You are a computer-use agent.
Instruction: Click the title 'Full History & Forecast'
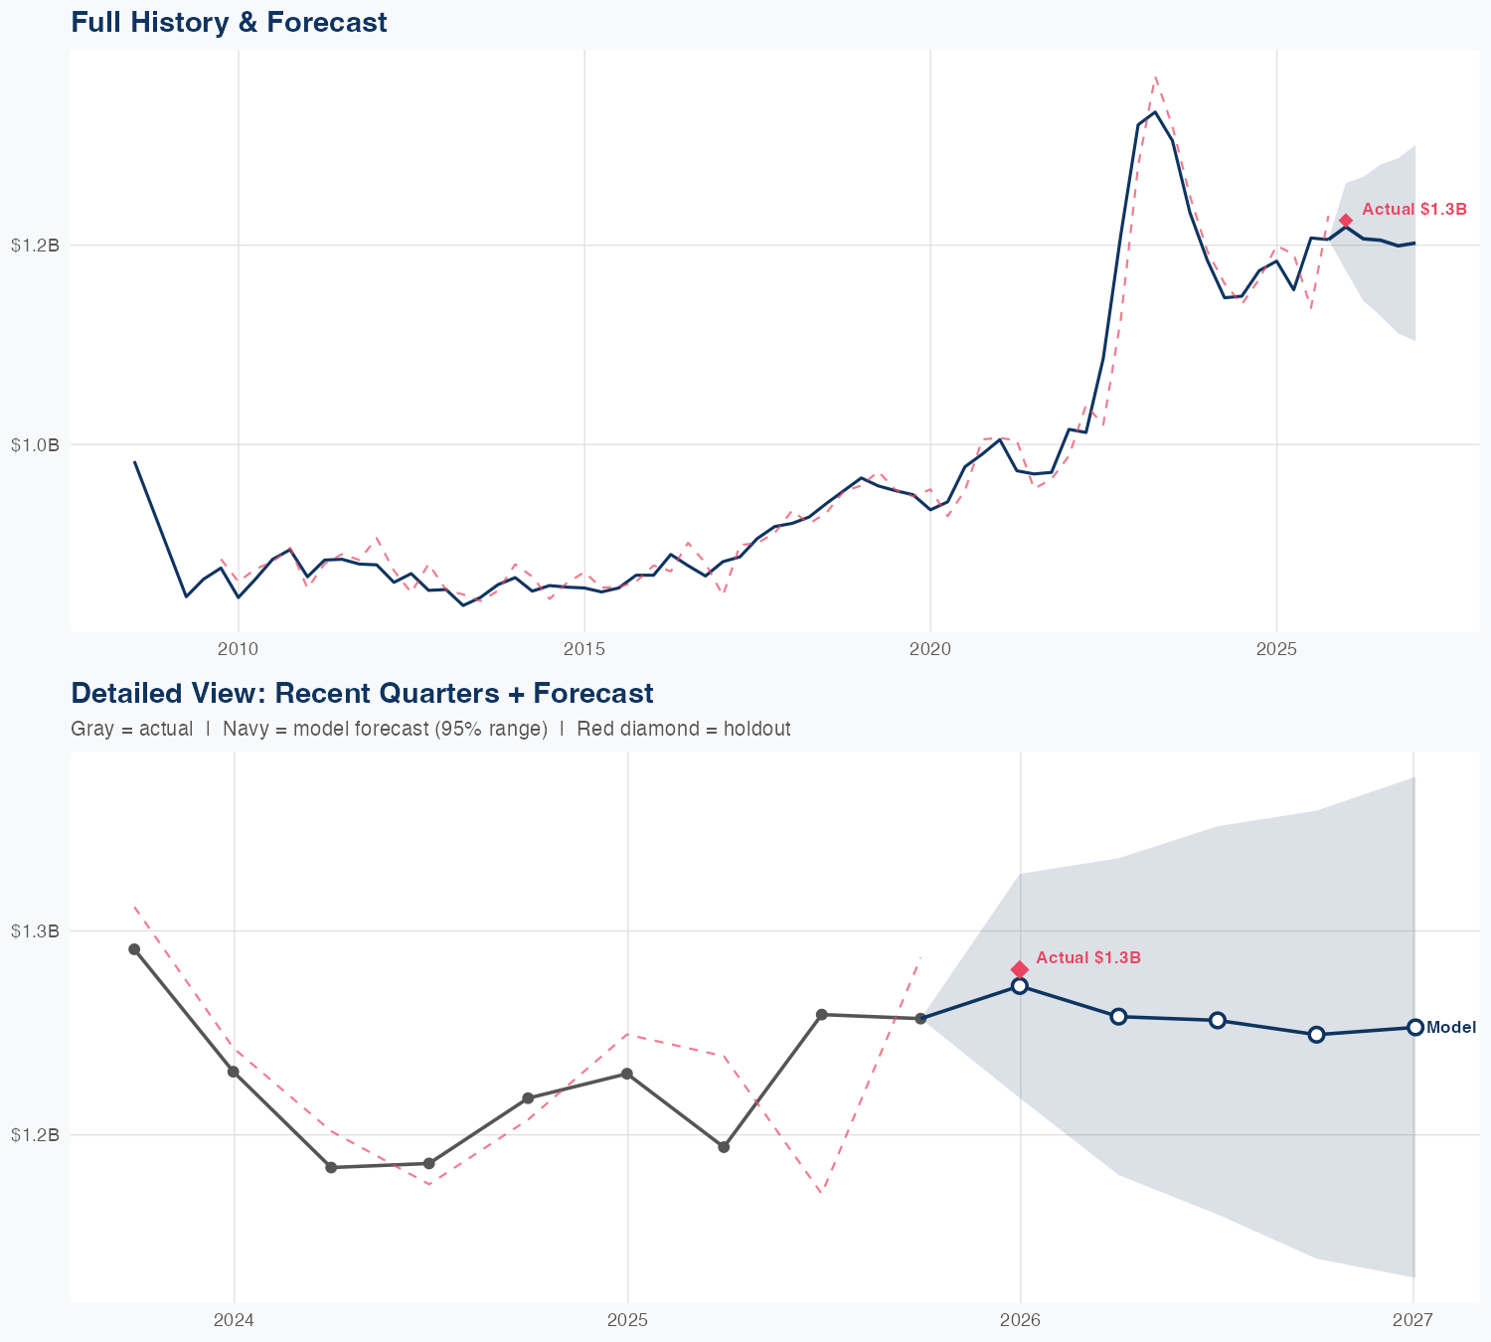click(x=229, y=22)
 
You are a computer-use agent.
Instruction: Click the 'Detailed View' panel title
click(x=362, y=693)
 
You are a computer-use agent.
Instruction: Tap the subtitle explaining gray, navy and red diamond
click(x=430, y=729)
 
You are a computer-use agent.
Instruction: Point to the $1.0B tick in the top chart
click(x=35, y=444)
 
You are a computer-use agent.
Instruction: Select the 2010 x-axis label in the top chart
click(x=238, y=649)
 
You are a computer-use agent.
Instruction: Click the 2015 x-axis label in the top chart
click(x=583, y=649)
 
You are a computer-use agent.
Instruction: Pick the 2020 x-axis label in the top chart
click(x=930, y=649)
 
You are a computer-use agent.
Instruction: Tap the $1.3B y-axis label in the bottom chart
click(x=35, y=931)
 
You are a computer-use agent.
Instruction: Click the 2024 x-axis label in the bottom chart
click(x=235, y=1320)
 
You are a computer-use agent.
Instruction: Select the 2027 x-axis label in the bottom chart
click(x=1412, y=1320)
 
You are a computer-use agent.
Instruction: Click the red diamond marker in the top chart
click(x=1346, y=221)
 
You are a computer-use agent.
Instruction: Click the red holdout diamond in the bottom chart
click(x=1020, y=969)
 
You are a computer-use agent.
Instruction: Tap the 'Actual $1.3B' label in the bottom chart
click(x=1088, y=957)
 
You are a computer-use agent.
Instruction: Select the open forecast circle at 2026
click(x=1020, y=986)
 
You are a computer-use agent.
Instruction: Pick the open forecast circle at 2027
click(x=1414, y=1027)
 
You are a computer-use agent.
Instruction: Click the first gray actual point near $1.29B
click(x=134, y=949)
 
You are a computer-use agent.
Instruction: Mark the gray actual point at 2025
click(x=627, y=1074)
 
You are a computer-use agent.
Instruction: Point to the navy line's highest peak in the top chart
click(x=1154, y=111)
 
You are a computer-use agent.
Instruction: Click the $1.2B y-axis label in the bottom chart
click(x=35, y=1134)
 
